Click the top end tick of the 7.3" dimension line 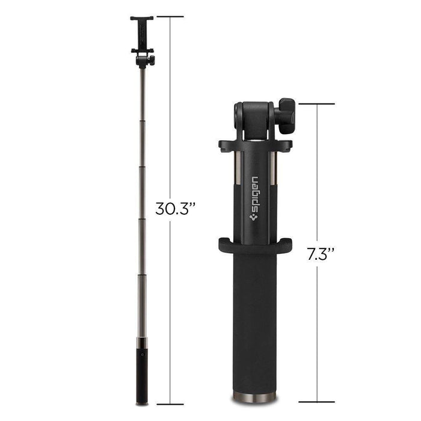(x=316, y=104)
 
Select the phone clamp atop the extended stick (x=142, y=33)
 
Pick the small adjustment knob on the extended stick (x=151, y=60)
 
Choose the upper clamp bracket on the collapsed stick (x=255, y=145)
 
